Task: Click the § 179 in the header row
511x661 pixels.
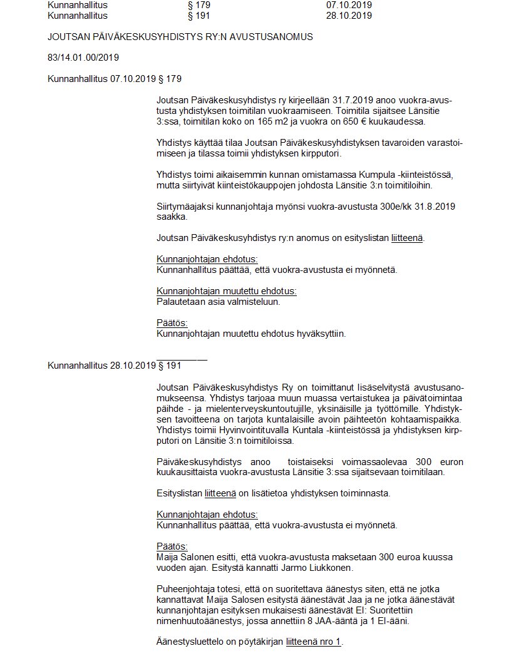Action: coord(200,5)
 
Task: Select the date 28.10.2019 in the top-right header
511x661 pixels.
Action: coord(349,16)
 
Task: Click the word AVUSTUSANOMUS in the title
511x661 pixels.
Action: coord(276,37)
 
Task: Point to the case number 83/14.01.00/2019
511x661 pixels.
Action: coord(83,58)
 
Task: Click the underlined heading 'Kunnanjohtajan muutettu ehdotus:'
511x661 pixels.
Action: coord(226,291)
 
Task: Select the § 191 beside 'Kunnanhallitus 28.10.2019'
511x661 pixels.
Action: coord(170,366)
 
